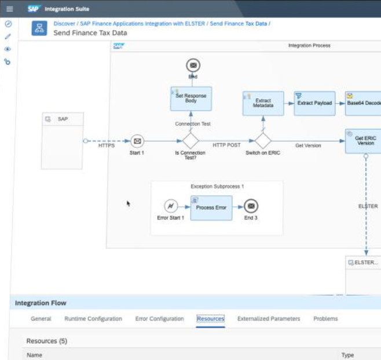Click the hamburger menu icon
pos(9,9)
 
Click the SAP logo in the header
pos(33,9)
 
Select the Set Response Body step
pos(190,99)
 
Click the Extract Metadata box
pos(263,103)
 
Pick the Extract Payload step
pos(314,103)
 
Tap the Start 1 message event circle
pos(137,141)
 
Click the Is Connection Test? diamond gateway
pos(190,141)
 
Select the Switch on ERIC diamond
pos(263,141)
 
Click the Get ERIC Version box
pos(364,141)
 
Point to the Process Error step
pos(211,208)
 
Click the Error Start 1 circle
pos(171,206)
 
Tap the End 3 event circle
pos(251,206)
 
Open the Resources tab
pos(210,318)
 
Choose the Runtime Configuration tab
pos(93,318)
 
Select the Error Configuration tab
pos(159,318)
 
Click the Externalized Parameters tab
pos(269,318)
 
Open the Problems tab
pos(325,318)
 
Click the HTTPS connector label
pos(106,146)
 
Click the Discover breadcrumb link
pos(64,23)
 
